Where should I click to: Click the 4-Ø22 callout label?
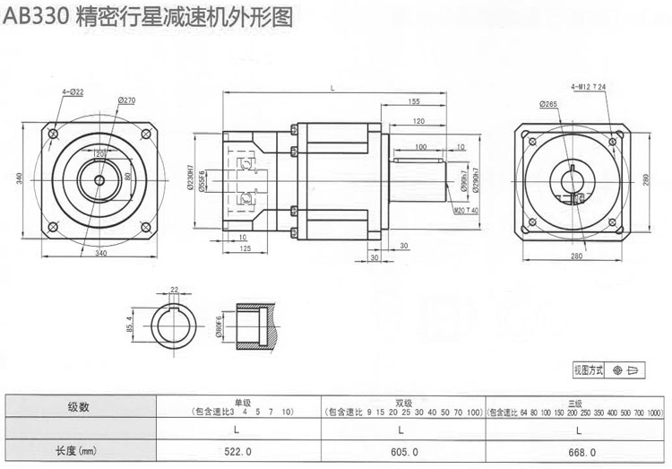click(x=73, y=92)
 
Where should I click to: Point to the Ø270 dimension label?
click(x=125, y=100)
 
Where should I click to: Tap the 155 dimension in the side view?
click(x=413, y=101)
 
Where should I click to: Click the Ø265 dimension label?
click(x=549, y=104)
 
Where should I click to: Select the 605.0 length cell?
click(x=401, y=452)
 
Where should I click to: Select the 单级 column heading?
click(x=237, y=403)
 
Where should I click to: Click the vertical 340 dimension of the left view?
click(x=20, y=178)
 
